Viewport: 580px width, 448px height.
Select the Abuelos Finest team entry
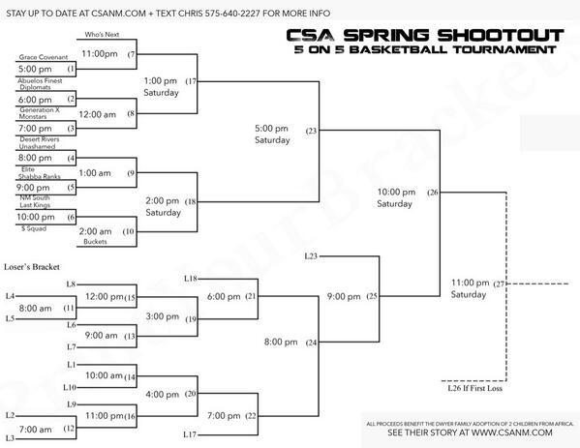[39, 80]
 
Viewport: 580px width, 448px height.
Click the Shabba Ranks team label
[41, 175]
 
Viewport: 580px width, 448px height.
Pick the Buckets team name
[95, 242]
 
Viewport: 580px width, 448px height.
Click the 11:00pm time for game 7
[99, 53]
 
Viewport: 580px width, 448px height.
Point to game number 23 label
[311, 130]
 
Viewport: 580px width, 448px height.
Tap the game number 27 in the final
[500, 283]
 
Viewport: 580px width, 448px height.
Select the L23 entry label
[311, 255]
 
